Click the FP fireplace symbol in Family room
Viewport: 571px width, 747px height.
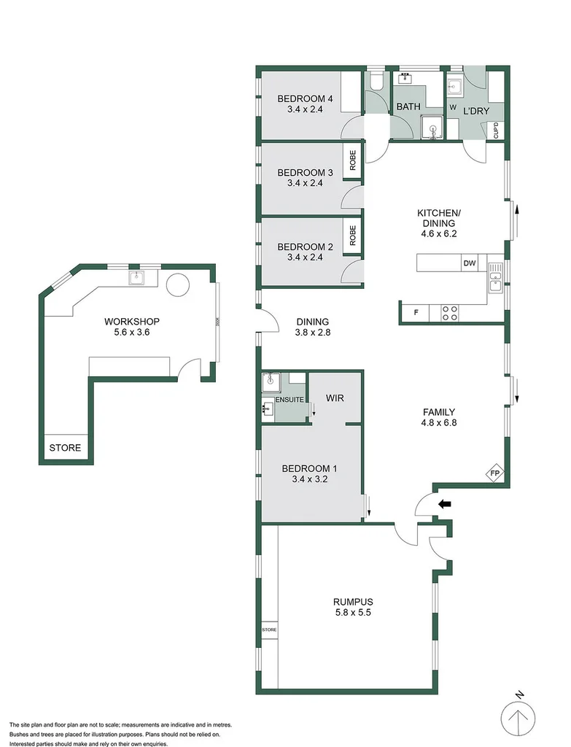pyautogui.click(x=494, y=472)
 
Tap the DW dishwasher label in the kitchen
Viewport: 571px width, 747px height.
pyautogui.click(x=469, y=263)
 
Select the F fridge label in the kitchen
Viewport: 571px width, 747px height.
pyautogui.click(x=416, y=313)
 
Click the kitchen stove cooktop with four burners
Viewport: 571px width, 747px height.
pyautogui.click(x=450, y=313)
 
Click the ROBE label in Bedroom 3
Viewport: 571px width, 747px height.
pyautogui.click(x=353, y=160)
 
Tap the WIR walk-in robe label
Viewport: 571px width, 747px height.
pyautogui.click(x=334, y=398)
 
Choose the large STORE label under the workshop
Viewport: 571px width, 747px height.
pyautogui.click(x=65, y=448)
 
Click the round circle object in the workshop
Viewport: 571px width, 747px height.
pyautogui.click(x=178, y=285)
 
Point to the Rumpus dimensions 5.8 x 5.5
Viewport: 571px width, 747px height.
pyautogui.click(x=353, y=614)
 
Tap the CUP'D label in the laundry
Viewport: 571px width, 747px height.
pyautogui.click(x=497, y=131)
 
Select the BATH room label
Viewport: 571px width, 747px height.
pyautogui.click(x=408, y=107)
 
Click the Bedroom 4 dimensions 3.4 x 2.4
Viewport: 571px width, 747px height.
pyautogui.click(x=305, y=109)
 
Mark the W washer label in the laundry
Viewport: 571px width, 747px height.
pyautogui.click(x=452, y=107)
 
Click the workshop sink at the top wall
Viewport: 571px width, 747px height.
pyautogui.click(x=137, y=277)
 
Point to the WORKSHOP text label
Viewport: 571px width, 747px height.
pyautogui.click(x=131, y=322)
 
